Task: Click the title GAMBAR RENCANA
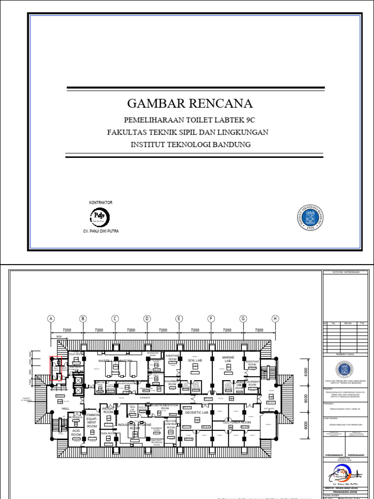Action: pos(190,104)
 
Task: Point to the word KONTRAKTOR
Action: pos(101,202)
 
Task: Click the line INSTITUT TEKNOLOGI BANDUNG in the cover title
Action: pos(190,145)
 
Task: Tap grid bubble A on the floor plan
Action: pos(51,319)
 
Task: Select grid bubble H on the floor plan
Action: pos(275,319)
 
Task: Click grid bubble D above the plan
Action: pos(147,319)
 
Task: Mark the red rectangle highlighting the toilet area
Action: pos(56,368)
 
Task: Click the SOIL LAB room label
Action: pos(195,360)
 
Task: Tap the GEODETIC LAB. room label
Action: pos(197,412)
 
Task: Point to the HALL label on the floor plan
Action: pos(65,408)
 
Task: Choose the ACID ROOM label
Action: pos(76,432)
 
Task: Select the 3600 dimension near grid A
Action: pos(58,336)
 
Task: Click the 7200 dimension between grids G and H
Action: pos(259,330)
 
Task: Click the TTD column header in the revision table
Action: pos(362,323)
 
